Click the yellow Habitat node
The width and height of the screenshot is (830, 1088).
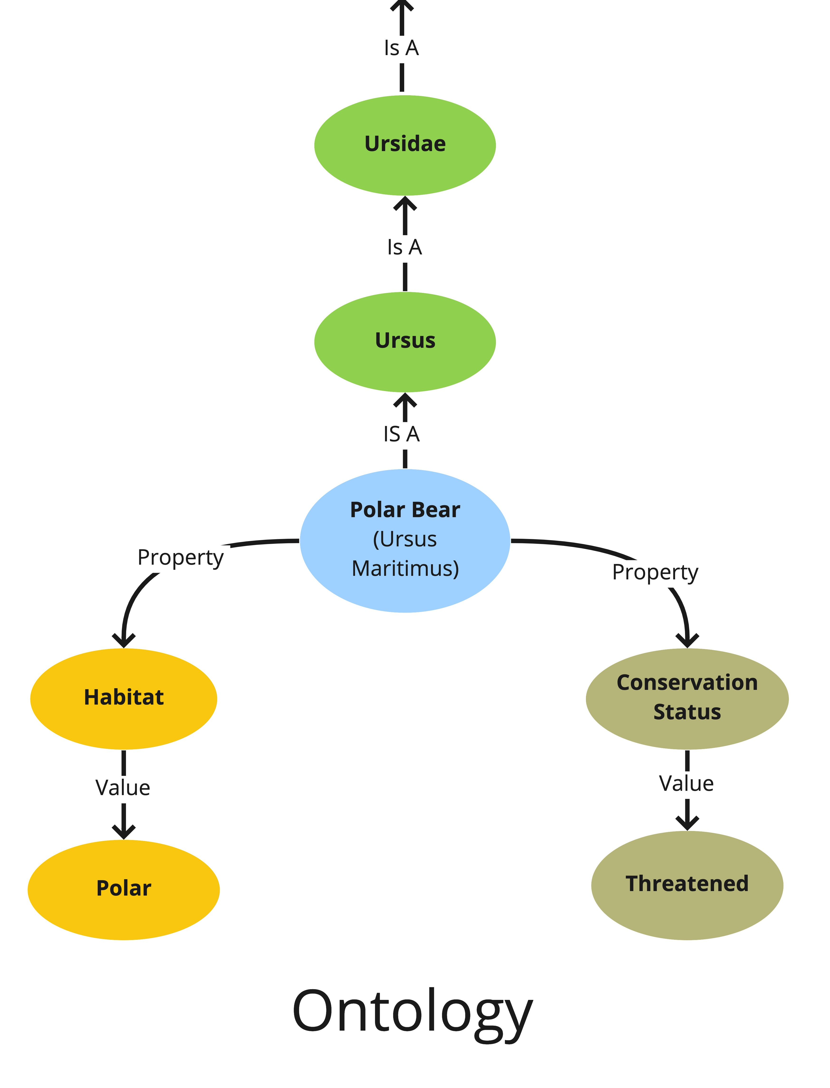[124, 698]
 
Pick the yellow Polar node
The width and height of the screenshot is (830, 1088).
[124, 889]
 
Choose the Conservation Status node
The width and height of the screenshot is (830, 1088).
[687, 698]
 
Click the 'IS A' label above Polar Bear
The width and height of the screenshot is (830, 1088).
[402, 434]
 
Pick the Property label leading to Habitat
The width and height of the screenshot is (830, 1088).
[180, 558]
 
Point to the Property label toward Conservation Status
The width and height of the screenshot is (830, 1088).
[655, 573]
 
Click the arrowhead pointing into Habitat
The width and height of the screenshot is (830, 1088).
[124, 640]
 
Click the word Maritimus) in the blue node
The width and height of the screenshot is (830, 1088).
[405, 568]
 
